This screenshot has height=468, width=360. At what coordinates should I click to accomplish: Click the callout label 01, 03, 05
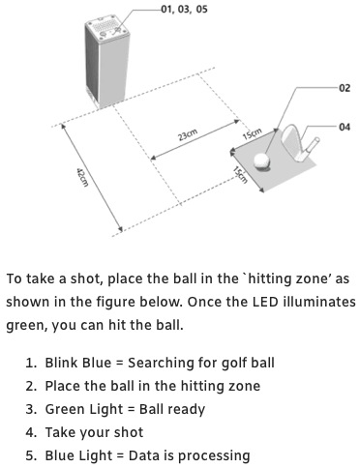point(184,9)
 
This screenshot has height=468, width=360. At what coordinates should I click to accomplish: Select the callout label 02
point(345,88)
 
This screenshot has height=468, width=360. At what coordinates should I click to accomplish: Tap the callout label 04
point(345,127)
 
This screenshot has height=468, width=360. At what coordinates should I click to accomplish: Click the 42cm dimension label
point(82,177)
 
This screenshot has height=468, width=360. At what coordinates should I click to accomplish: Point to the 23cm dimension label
point(188,135)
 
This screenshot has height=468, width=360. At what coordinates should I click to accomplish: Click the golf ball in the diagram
point(261,161)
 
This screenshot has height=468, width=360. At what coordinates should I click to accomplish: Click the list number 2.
point(32,386)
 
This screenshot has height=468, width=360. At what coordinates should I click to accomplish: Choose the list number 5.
point(32,455)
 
